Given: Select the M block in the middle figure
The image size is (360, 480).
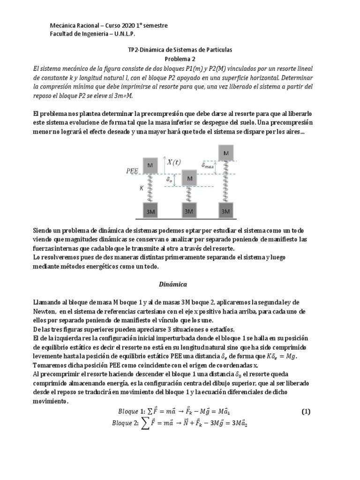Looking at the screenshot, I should coord(189,178).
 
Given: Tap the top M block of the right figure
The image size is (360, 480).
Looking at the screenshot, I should coord(226,153).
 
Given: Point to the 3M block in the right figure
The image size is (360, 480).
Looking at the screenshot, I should coord(226,211).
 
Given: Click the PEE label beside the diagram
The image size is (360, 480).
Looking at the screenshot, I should coord(132,172).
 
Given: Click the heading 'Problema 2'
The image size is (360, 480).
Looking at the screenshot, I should coord(180,59).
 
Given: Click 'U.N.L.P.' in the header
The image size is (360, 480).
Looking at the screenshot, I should coord(125,34).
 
